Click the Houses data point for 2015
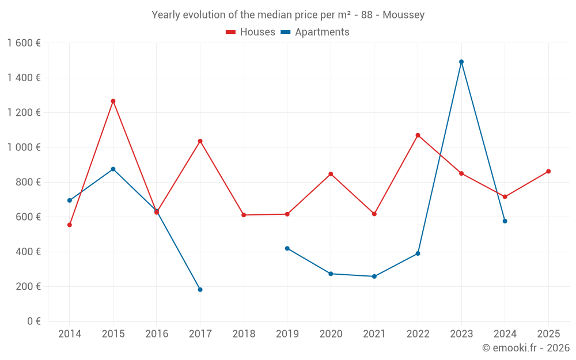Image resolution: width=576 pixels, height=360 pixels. pyautogui.click(x=113, y=101)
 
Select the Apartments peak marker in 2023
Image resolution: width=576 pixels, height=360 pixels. pyautogui.click(x=461, y=62)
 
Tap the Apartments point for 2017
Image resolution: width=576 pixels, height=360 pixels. pyautogui.click(x=200, y=290)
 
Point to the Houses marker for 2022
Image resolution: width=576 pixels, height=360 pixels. pyautogui.click(x=418, y=135)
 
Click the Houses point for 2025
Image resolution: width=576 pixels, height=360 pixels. pyautogui.click(x=548, y=171)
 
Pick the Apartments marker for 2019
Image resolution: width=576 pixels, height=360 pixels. pyautogui.click(x=287, y=248)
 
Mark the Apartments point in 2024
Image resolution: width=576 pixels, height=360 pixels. pyautogui.click(x=505, y=221)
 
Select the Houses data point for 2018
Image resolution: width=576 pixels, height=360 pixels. pyautogui.click(x=244, y=215)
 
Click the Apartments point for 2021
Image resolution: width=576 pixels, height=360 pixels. pyautogui.click(x=374, y=276)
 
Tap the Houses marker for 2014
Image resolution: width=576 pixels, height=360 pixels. pyautogui.click(x=69, y=225)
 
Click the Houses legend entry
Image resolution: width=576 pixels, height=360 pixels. pyautogui.click(x=251, y=32)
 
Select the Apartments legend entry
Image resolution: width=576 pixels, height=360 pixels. pyautogui.click(x=315, y=32)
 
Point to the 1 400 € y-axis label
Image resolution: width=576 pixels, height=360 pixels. pyautogui.click(x=24, y=78)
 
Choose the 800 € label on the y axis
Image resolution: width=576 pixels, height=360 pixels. pyautogui.click(x=28, y=182)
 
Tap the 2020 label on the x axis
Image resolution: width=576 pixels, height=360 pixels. pyautogui.click(x=331, y=334)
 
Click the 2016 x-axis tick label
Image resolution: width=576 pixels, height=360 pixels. pyautogui.click(x=157, y=334)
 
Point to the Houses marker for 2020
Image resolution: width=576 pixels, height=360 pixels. pyautogui.click(x=331, y=174)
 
